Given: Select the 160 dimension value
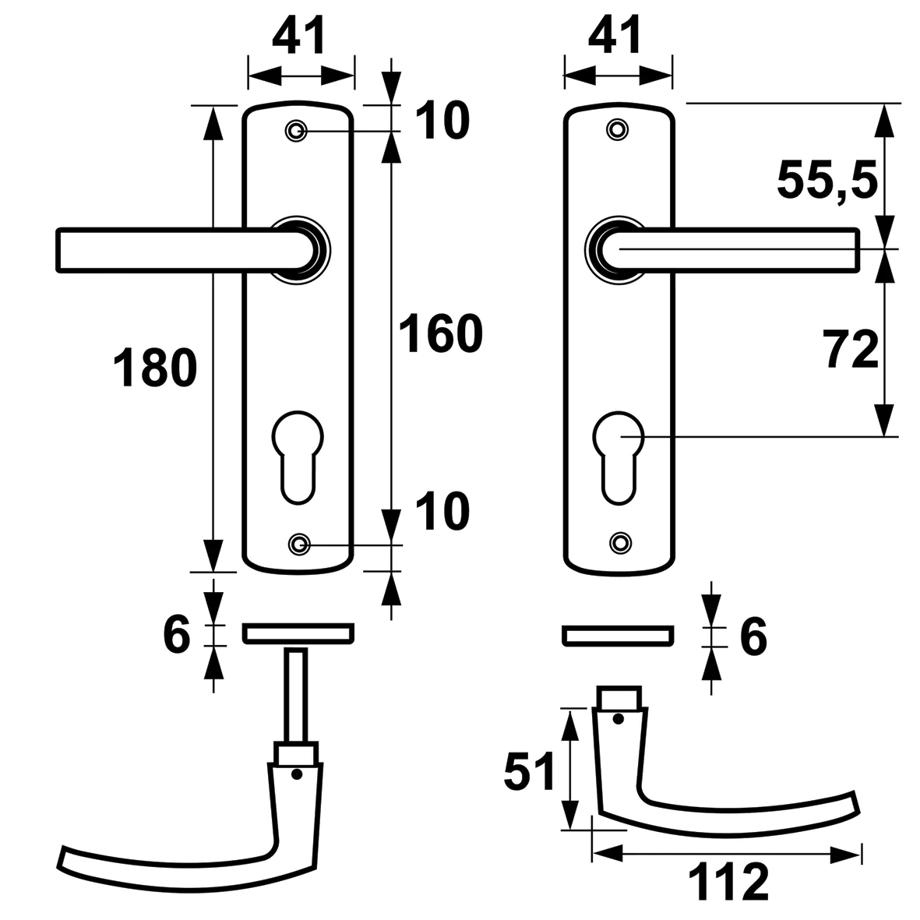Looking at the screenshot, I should pyautogui.click(x=440, y=335).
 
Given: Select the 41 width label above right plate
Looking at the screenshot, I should pyautogui.click(x=616, y=36).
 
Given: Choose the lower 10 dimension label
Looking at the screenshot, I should pyautogui.click(x=443, y=511).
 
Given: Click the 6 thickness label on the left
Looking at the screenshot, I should pyautogui.click(x=177, y=635).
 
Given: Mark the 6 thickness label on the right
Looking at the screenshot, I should pyautogui.click(x=752, y=636).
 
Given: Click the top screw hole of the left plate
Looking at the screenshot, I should pyautogui.click(x=296, y=131).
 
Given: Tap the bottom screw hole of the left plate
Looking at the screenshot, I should pyautogui.click(x=298, y=544).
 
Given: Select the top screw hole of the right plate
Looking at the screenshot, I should pyautogui.click(x=618, y=129).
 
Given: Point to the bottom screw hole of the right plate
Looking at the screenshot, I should pyautogui.click(x=619, y=542).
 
